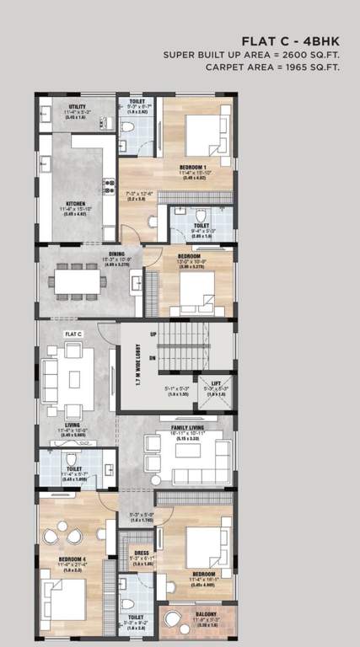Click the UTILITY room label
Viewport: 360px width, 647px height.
[x=66, y=107]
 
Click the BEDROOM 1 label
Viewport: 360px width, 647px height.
[x=193, y=168]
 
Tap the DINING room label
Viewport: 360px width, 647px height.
[x=116, y=254]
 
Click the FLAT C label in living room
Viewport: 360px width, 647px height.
[x=74, y=334]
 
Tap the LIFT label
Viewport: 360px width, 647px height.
[x=216, y=382]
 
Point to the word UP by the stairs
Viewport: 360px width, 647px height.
[x=153, y=335]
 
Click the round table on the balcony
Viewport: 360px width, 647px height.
[x=174, y=620]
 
